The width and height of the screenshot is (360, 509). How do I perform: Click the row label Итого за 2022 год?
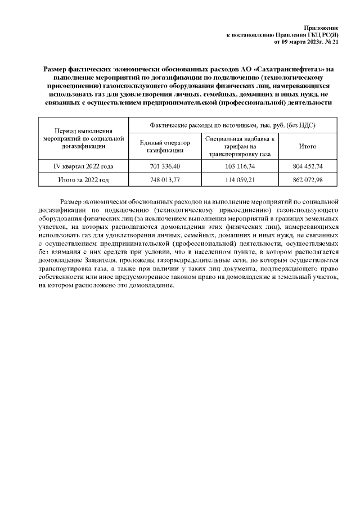tap(83, 180)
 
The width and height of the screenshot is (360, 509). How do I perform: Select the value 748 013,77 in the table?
tap(165, 180)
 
